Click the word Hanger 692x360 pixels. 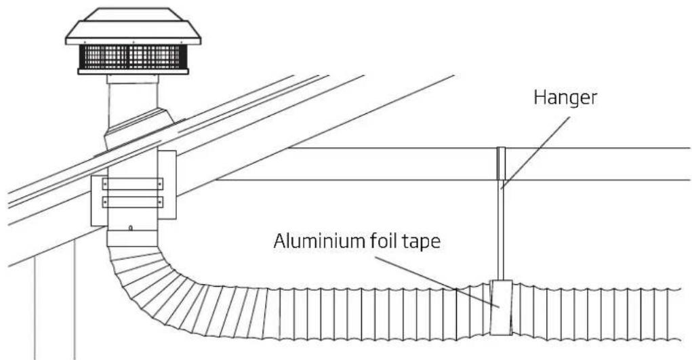565,98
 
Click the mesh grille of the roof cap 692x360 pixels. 132,57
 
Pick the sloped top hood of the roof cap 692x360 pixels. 133,26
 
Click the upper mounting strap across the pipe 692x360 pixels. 133,184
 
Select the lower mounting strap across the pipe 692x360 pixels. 133,202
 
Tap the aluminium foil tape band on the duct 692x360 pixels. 502,307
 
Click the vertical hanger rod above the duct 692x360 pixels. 500,230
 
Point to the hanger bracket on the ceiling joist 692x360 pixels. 501,163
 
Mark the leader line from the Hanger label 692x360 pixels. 535,153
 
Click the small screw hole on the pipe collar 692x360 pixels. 131,228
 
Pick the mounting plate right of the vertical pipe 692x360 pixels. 167,184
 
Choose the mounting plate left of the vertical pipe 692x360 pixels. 99,201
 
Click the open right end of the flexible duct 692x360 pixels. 678,315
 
